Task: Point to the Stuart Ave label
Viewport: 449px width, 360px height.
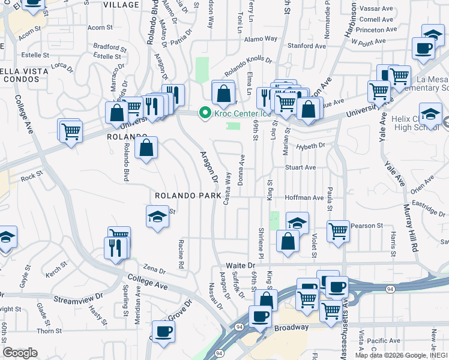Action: tap(300, 167)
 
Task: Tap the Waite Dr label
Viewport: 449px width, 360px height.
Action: tap(241, 265)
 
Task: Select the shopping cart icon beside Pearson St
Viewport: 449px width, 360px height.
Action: tap(339, 230)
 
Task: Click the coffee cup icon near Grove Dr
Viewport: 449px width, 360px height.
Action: tap(163, 331)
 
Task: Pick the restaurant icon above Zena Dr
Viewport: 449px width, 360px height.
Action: tap(116, 247)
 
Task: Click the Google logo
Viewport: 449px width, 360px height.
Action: tap(20, 353)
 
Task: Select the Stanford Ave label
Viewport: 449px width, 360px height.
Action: tap(307, 46)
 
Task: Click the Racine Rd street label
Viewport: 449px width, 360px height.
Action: tap(181, 253)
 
